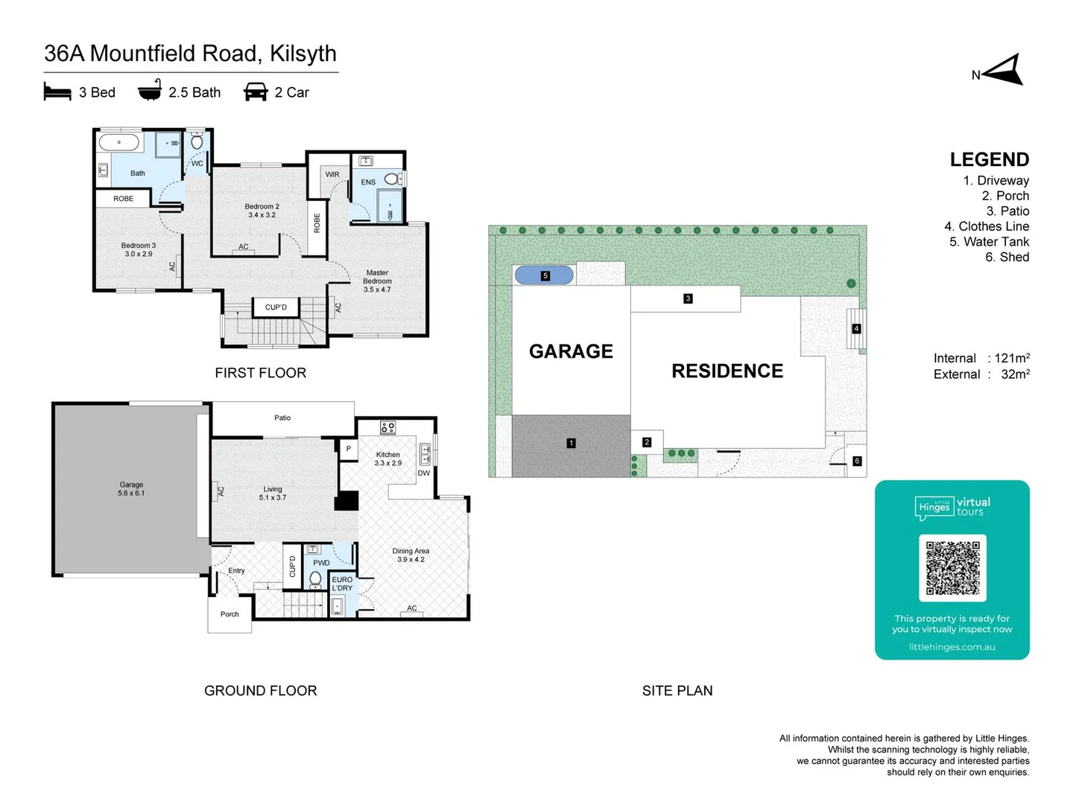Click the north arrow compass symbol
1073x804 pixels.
pyautogui.click(x=1004, y=71)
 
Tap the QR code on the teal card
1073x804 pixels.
pyautogui.click(x=952, y=568)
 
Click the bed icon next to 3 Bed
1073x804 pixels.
pyautogui.click(x=57, y=92)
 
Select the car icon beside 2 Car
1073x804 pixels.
pyautogui.click(x=256, y=92)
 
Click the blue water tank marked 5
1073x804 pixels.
pyautogui.click(x=544, y=275)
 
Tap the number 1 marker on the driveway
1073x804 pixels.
pyautogui.click(x=572, y=443)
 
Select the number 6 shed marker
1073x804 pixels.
pyautogui.click(x=857, y=461)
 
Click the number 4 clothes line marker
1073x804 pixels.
pyautogui.click(x=856, y=328)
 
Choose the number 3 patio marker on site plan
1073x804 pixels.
pyautogui.click(x=688, y=299)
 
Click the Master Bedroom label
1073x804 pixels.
pyautogui.click(x=377, y=281)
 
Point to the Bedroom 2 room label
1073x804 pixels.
pyautogui.click(x=262, y=211)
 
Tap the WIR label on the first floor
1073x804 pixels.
pyautogui.click(x=332, y=174)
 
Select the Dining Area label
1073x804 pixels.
pyautogui.click(x=411, y=555)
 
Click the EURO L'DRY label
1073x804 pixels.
pyautogui.click(x=342, y=584)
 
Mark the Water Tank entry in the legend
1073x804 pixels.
pyautogui.click(x=989, y=241)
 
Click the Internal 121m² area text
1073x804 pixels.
pyautogui.click(x=981, y=358)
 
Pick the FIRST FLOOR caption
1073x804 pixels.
pyautogui.click(x=260, y=373)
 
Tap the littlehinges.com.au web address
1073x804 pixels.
pyautogui.click(x=952, y=647)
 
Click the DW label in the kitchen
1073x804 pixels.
pyautogui.click(x=423, y=473)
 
